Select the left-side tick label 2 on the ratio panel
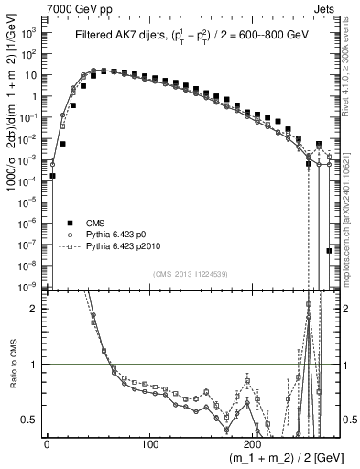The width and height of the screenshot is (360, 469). pos(36,309)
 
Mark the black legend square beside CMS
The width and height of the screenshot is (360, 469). pos(70,223)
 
